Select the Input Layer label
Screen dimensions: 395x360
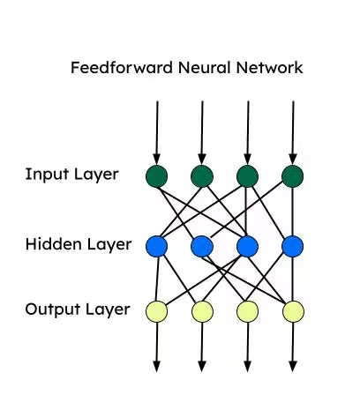point(71,174)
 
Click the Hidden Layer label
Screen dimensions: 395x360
point(78,244)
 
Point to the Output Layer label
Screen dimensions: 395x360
point(77,309)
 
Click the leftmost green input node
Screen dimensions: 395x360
point(157,176)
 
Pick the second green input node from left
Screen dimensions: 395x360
point(202,176)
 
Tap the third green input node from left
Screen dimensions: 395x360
point(247,176)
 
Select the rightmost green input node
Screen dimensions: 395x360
point(292,176)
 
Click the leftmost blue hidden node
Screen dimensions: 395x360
point(157,245)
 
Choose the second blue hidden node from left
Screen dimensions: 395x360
point(202,245)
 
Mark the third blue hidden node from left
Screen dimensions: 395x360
point(247,245)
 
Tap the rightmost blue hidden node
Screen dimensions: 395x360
point(292,245)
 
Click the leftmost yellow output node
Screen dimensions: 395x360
point(157,310)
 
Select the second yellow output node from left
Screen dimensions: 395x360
point(202,310)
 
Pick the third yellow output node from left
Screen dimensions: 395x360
point(247,310)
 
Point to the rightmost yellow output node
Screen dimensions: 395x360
point(292,310)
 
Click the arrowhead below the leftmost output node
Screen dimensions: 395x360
point(157,365)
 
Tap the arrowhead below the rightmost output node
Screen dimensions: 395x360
point(292,365)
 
